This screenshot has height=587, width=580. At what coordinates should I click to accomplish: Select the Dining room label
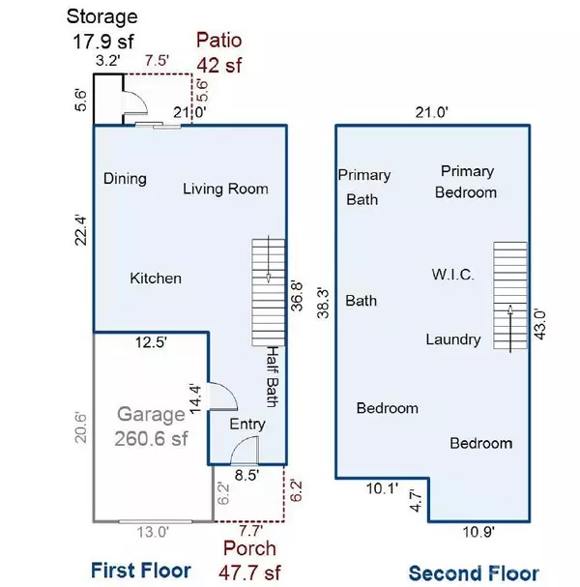[x=125, y=178]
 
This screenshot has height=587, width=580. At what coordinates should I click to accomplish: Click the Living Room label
[x=225, y=189]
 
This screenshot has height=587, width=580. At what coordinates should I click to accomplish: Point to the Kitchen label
[x=156, y=279]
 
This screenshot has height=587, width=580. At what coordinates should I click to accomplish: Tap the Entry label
[x=246, y=425]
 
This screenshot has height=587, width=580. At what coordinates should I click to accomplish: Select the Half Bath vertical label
[x=274, y=377]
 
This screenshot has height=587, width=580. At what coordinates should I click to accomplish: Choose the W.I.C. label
[x=452, y=276]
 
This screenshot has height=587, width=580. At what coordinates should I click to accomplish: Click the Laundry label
[x=453, y=339]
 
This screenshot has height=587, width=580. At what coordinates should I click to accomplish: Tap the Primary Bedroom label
[x=467, y=182]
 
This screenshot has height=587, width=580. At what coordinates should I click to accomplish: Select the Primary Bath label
[x=363, y=188]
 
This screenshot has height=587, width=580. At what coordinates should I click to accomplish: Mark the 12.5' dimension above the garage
[x=150, y=341]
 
